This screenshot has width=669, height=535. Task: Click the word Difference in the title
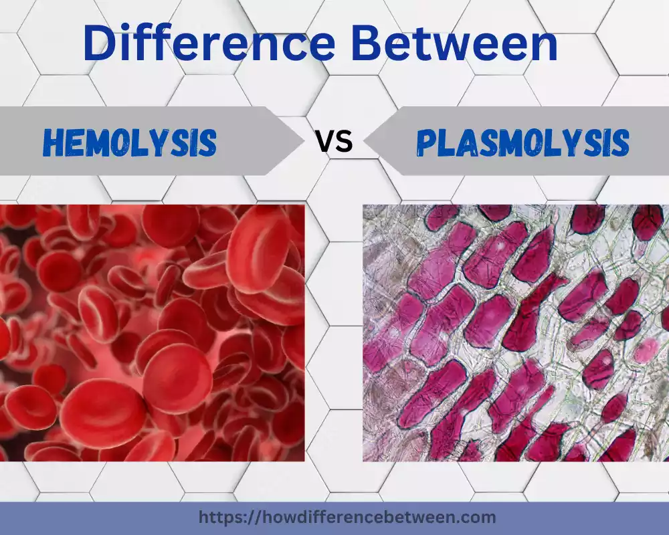click(209, 43)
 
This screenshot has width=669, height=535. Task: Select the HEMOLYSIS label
click(130, 142)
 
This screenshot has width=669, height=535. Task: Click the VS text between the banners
click(334, 142)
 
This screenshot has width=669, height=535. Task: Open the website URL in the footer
click(347, 517)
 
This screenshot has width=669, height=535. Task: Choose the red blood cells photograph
click(152, 333)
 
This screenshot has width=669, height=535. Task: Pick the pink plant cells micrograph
click(515, 333)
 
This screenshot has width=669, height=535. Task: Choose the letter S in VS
click(344, 142)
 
